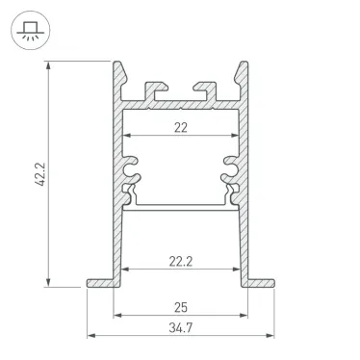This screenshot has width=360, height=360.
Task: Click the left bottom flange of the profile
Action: coord(100,283)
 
